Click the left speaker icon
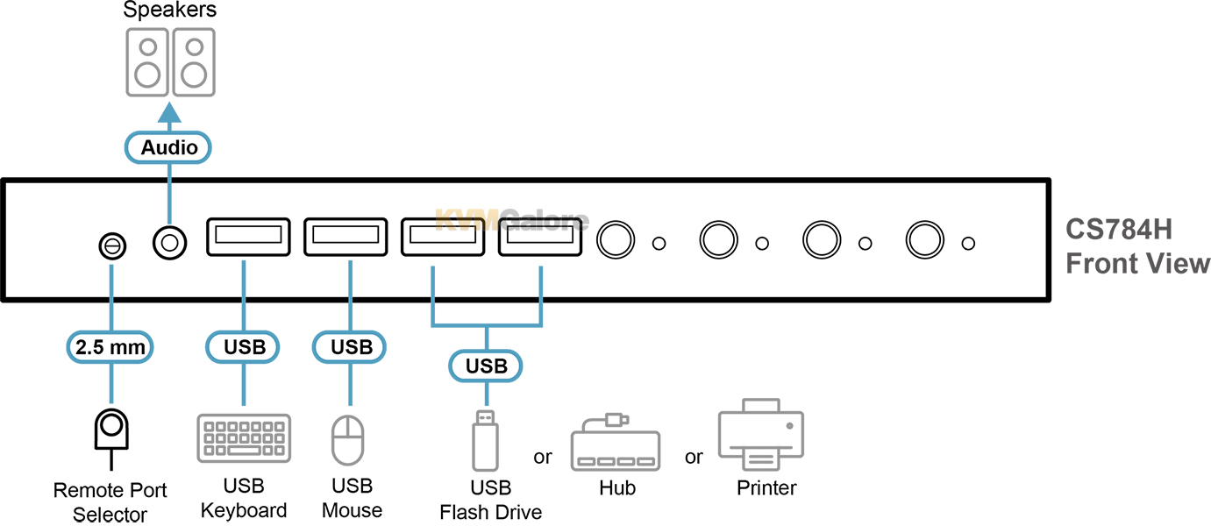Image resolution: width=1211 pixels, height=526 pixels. point(148,61)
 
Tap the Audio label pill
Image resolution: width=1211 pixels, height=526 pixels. point(169,147)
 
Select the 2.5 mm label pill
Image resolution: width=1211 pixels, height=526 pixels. point(110,346)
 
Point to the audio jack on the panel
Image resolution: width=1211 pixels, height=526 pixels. point(169,241)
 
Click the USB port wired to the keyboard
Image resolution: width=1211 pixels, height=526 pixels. point(248,236)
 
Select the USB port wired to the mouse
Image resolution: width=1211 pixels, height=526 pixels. point(345,236)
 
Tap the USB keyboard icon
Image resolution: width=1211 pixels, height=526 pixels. point(244,438)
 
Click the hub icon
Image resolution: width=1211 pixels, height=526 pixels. point(615,444)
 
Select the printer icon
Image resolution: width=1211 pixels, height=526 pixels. point(761,435)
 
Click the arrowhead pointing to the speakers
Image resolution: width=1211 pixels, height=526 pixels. point(169,112)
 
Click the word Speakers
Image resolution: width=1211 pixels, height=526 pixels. point(169,11)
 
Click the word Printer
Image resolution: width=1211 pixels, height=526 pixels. point(766,488)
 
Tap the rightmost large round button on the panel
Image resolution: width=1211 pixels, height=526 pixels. point(923,239)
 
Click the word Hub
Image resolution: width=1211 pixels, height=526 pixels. point(616,488)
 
